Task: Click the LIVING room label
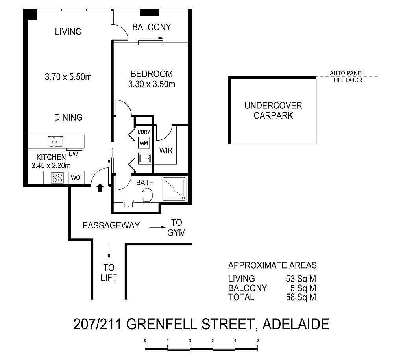pos(68,32)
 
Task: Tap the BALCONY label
pos(152,27)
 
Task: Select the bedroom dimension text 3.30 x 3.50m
pos(152,84)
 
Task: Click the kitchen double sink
pos(55,142)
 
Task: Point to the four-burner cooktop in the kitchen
pos(57,178)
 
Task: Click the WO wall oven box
pos(76,178)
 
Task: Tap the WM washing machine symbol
pos(144,143)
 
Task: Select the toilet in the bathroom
pos(147,195)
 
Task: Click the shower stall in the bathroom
pos(174,189)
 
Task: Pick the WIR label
pos(166,150)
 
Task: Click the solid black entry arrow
pos(100,188)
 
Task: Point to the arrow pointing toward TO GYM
pos(157,227)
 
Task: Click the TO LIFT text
pos(109,273)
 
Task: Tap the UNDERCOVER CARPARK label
pos(273,111)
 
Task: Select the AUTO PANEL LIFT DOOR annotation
pos(347,77)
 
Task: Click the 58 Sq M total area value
pos(301,297)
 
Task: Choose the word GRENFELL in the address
pos(162,324)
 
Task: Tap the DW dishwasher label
pos(74,154)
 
